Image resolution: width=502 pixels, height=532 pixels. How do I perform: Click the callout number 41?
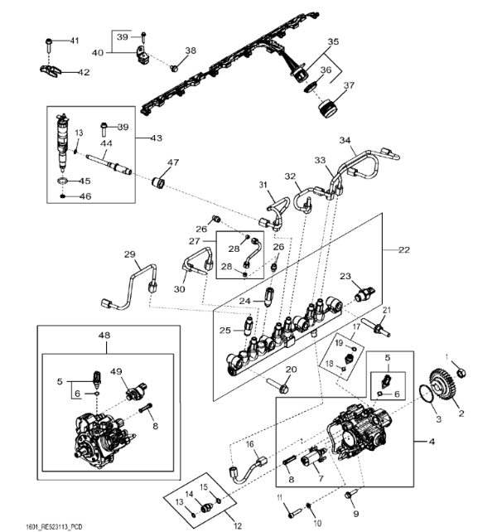pyautogui.click(x=74, y=41)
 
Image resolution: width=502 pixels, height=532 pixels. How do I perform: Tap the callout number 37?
pyautogui.click(x=349, y=85)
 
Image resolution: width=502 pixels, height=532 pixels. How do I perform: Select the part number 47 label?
pyautogui.click(x=173, y=162)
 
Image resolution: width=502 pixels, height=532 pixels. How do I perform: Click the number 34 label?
pyautogui.click(x=345, y=140)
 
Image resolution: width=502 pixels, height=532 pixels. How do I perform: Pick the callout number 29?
pyautogui.click(x=129, y=254)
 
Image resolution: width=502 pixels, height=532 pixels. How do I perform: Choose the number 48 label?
pyautogui.click(x=104, y=336)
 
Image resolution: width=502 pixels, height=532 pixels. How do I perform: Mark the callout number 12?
pyautogui.click(x=237, y=525)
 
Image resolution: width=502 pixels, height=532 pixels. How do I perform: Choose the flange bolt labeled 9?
pyautogui.click(x=349, y=495)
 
